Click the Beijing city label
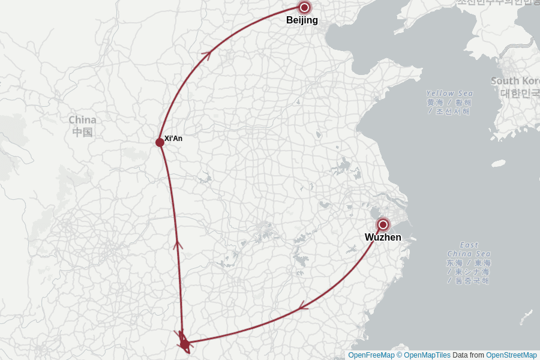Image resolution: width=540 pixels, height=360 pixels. click(302, 20)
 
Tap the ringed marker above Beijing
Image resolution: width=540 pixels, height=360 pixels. click(304, 7)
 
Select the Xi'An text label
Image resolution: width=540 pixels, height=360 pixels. click(173, 139)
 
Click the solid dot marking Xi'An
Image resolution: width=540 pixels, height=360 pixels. click(160, 142)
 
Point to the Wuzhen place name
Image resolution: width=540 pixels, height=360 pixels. click(383, 238)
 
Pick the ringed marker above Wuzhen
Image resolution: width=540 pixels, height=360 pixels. click(383, 224)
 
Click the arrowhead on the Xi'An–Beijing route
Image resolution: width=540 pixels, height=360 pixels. click(206, 56)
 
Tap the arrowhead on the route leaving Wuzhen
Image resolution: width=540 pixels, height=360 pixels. click(304, 307)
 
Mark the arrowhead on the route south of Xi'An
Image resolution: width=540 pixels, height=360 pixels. click(178, 244)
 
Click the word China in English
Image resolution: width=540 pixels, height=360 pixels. click(82, 120)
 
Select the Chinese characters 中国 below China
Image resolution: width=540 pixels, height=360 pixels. click(82, 132)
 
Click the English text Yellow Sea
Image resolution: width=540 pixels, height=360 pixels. click(449, 94)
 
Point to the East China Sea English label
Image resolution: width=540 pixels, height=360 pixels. click(469, 249)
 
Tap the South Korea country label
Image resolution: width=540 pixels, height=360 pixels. click(515, 81)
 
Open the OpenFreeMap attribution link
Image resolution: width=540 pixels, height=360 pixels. click(371, 355)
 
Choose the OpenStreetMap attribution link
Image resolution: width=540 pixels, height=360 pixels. click(511, 355)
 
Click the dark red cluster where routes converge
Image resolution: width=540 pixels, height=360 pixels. click(184, 343)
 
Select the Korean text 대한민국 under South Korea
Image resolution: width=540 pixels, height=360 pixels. click(520, 93)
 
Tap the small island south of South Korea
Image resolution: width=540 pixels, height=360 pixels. click(499, 163)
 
